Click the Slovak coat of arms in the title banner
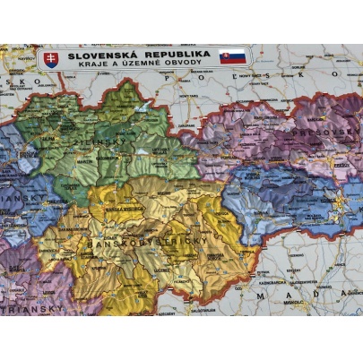(51, 59)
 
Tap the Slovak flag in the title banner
(232, 56)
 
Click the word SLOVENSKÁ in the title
(101, 54)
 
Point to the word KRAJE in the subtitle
(93, 64)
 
